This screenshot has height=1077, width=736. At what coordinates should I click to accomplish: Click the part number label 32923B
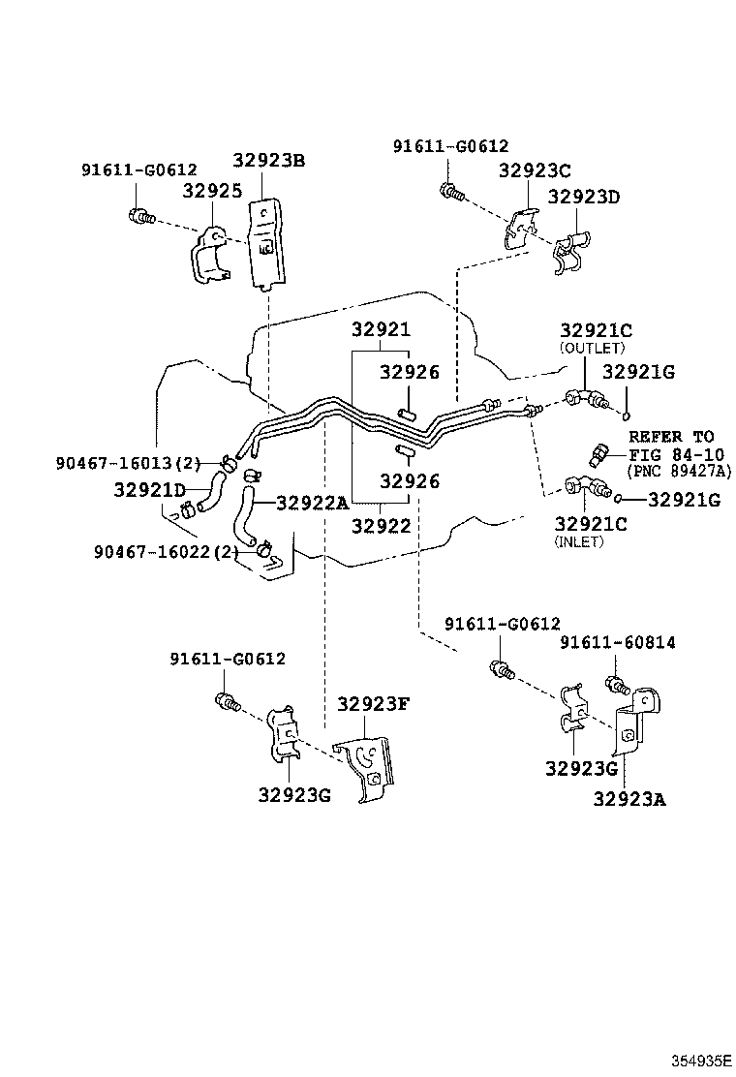(x=268, y=161)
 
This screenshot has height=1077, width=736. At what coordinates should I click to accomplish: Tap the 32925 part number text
(x=212, y=191)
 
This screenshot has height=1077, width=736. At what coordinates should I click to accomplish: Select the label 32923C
(x=535, y=170)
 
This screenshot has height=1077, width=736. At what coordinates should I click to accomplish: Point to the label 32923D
(x=583, y=197)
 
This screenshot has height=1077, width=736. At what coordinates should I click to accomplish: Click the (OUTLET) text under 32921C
(x=592, y=348)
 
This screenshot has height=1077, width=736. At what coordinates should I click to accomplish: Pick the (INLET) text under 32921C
(x=579, y=541)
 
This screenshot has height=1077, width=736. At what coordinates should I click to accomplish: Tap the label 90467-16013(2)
(x=143, y=464)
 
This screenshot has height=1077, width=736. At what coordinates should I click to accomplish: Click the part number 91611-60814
(x=617, y=642)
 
